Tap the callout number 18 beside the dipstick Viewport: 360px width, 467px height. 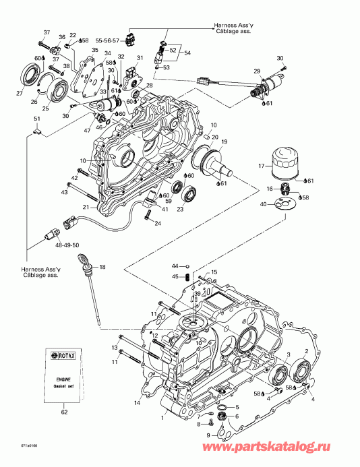coord(103,268)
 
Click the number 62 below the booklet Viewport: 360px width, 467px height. coord(64,411)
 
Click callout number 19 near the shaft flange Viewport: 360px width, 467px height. coord(224,142)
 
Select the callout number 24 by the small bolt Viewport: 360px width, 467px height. coord(158,224)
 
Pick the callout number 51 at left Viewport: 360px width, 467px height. coord(37,119)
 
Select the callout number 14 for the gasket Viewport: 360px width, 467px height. coord(137,403)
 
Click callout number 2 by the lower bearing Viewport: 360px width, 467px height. coord(307,352)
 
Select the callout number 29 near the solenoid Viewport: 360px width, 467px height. coord(256,71)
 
